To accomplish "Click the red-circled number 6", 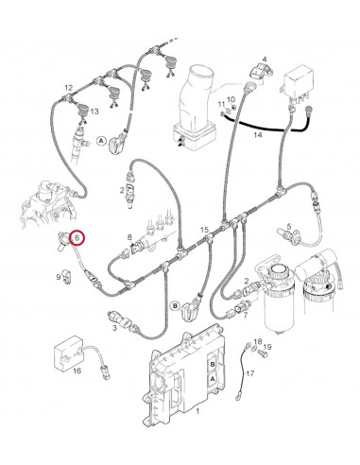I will click(77, 241).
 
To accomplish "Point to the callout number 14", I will click(256, 135).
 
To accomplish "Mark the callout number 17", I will click(250, 374).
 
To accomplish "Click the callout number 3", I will click(114, 327).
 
